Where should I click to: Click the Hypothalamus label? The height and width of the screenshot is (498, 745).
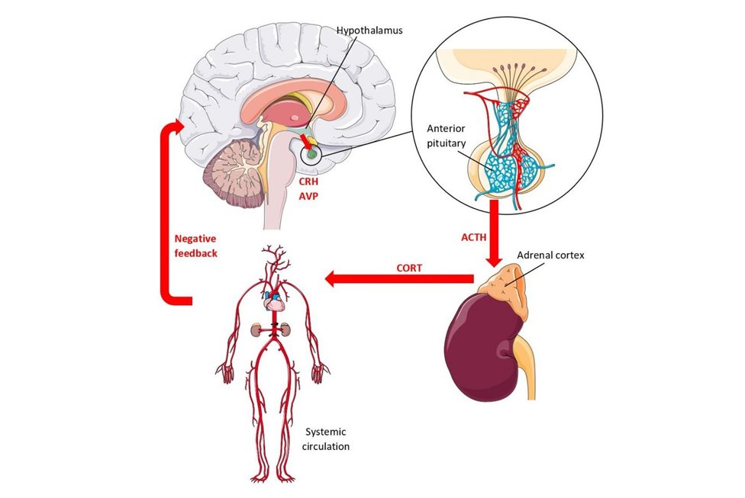click(x=369, y=31)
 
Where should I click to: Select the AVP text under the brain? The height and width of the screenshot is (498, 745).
click(x=309, y=195)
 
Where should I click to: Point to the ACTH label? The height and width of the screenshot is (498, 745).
click(x=473, y=237)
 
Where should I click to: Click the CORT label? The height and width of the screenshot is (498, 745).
click(x=409, y=268)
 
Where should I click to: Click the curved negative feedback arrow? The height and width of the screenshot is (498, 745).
click(x=166, y=214)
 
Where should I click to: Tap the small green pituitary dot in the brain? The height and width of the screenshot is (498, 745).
click(x=311, y=155)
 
